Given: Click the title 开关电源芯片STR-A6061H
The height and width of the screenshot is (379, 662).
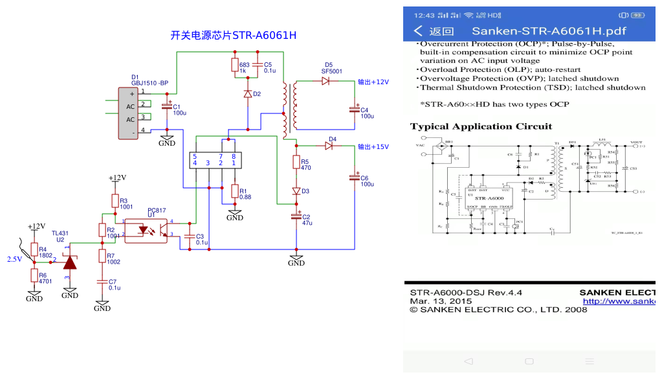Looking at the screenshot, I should coord(233,36).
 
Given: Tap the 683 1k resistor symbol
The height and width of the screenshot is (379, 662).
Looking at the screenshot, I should coord(234,65).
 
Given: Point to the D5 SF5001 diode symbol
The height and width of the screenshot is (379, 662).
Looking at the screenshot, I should coord(325,82).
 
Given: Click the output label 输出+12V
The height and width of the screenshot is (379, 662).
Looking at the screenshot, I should coord(373,82).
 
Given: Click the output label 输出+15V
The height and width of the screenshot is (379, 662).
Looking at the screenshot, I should coord(373,147).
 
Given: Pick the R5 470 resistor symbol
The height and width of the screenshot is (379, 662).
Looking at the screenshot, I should coord(296,163).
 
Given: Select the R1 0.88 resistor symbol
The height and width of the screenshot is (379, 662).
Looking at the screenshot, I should coord(234,192).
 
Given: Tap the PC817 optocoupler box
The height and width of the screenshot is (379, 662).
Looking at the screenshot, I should coord(145,230).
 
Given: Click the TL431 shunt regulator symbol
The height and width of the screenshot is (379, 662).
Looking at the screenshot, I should coord(69,261).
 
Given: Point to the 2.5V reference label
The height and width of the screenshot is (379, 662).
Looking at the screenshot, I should coord(14,259).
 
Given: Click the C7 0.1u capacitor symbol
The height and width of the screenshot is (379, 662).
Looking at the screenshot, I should coord(102,282).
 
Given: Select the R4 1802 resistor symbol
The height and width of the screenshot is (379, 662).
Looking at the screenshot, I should coord(34,251).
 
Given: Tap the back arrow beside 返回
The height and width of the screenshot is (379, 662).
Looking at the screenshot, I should coord(419,31).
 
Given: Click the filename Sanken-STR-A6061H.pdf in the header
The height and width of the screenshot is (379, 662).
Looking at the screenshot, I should coord(549,31).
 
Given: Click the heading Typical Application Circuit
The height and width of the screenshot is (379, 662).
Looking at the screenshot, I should coord(481,126).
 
